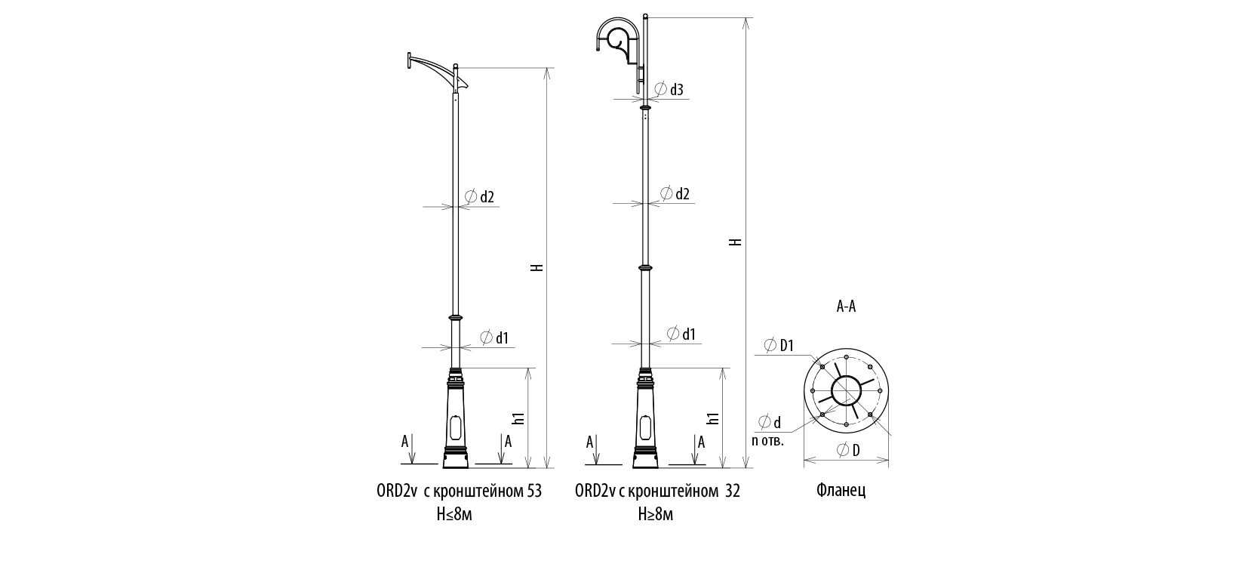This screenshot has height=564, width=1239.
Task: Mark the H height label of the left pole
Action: tap(536, 268)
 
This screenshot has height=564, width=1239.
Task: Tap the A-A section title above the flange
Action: tap(846, 307)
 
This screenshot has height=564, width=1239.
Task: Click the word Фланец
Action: tap(841, 491)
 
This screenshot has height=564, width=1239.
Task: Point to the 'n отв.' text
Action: tap(768, 441)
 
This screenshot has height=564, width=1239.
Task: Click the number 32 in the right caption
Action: tap(732, 492)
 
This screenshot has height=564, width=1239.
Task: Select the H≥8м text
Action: tap(655, 515)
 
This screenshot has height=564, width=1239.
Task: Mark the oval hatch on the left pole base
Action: tap(455, 429)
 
